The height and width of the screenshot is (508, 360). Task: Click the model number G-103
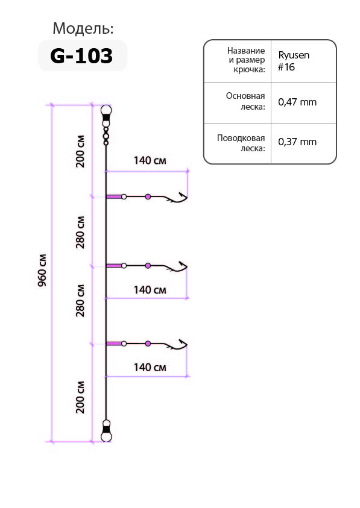pos(81,55)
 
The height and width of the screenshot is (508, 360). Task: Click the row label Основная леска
pos(245,101)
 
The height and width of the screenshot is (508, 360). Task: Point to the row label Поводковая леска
pos(241,143)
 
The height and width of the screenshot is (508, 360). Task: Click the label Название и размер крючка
pos(247,60)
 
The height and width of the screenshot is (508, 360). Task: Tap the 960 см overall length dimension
pos(42,271)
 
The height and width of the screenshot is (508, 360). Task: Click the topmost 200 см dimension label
pos(80,151)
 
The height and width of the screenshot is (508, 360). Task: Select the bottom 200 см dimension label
pos(80,397)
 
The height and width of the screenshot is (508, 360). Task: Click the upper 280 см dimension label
pos(80,232)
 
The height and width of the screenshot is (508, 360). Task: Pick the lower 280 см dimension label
pos(80,301)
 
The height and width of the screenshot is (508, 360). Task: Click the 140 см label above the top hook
pos(150,160)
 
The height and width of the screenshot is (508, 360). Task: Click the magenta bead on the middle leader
pos(148,266)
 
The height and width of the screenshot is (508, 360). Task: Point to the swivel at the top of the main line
pos(106,124)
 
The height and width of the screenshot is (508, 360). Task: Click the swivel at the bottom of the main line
pos(106,431)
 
